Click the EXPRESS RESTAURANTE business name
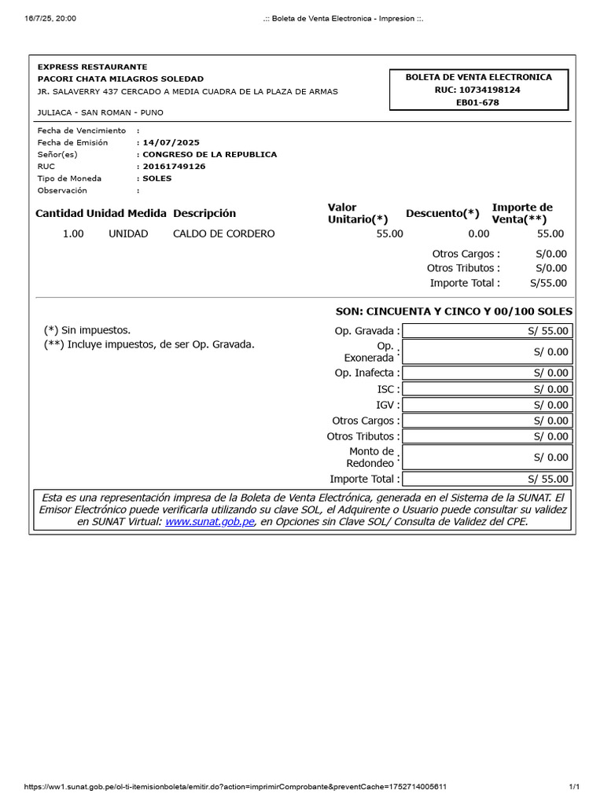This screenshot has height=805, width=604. tap(92, 67)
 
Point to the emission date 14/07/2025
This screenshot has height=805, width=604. tap(171, 142)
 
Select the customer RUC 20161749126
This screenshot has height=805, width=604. tap(174, 167)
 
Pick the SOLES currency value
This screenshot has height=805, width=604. tap(157, 178)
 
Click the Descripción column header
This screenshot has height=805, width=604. tap(204, 213)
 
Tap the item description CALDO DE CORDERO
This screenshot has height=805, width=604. tap(223, 233)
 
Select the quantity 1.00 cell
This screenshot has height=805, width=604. tap(73, 233)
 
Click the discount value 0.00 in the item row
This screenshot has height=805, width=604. tap(478, 233)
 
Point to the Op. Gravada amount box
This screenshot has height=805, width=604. tap(487, 331)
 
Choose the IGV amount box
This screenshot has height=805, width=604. tap(487, 405)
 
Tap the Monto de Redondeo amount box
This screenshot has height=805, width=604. tap(487, 457)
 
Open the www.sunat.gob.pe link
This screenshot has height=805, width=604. tap(209, 521)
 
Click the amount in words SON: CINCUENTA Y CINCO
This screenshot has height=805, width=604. tap(454, 311)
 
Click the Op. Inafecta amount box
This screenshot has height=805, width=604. tap(487, 373)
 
